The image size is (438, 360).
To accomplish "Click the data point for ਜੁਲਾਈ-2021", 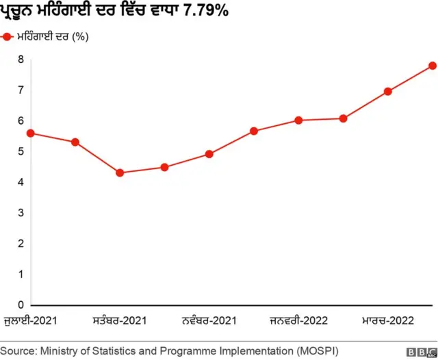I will pos(30,133).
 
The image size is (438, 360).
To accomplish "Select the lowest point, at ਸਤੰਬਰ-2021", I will pos(120,172).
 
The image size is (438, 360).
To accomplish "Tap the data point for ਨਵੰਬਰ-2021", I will pos(209,154).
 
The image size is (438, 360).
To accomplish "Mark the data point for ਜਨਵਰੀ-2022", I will pos(298,120).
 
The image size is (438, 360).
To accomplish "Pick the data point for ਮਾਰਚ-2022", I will pos(388,91).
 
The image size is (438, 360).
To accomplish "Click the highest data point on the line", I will pos(433,66).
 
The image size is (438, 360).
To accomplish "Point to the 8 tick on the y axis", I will pos(21,60).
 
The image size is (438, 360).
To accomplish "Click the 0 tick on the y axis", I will pos(21,305).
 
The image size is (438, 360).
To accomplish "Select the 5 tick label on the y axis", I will pos(21,151).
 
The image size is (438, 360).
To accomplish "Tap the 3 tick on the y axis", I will pos(21,213).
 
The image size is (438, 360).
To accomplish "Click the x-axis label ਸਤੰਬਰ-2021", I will pos(120,320).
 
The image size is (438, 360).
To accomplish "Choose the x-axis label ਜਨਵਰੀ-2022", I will pos(298,320).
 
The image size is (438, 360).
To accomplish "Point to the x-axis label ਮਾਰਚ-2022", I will pos(388,320).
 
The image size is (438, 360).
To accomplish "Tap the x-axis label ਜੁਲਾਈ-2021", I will pos(30,320).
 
